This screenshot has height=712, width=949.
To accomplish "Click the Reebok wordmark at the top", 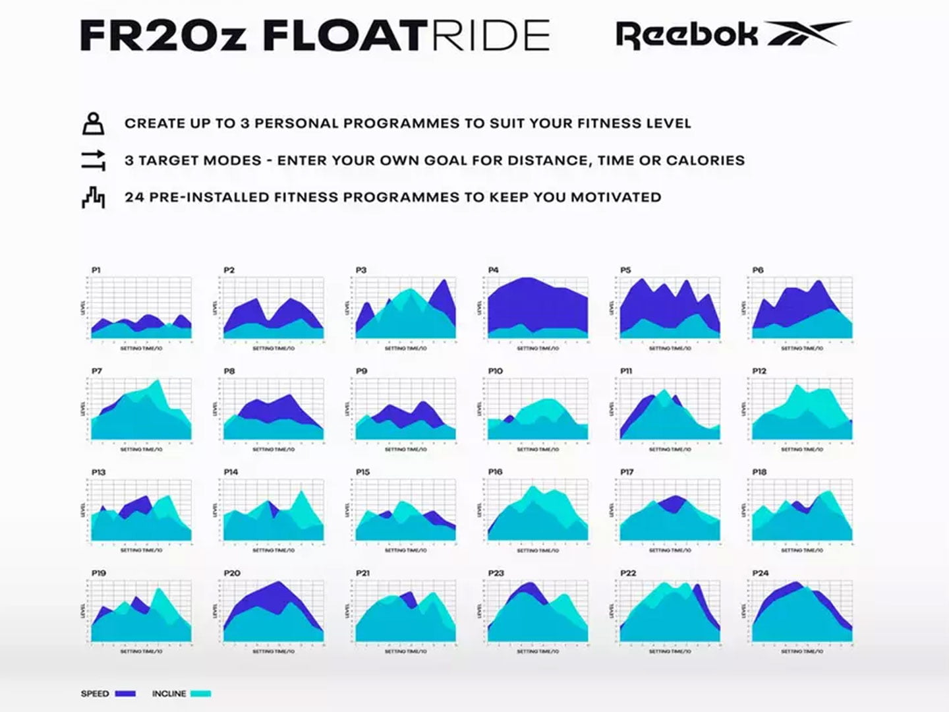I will pyautogui.click(x=686, y=36).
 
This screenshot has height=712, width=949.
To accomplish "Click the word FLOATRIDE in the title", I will pyautogui.click(x=406, y=36).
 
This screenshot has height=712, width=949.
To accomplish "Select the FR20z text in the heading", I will pyautogui.click(x=163, y=36).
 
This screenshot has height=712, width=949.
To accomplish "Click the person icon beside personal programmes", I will pyautogui.click(x=93, y=123).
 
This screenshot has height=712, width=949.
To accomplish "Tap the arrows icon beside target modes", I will pyautogui.click(x=93, y=160).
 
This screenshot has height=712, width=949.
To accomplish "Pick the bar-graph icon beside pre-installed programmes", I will pyautogui.click(x=93, y=197).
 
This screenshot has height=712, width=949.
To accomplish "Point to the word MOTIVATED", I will pyautogui.click(x=616, y=197).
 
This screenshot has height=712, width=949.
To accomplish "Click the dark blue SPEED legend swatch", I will pyautogui.click(x=125, y=694).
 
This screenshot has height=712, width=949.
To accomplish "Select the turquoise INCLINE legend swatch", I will pyautogui.click(x=201, y=694).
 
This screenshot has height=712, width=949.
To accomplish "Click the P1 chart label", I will pyautogui.click(x=96, y=270).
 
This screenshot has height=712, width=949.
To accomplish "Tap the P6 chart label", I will pyautogui.click(x=758, y=270).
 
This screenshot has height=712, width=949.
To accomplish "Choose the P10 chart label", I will pyautogui.click(x=495, y=371).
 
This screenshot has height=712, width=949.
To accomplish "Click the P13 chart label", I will pyautogui.click(x=98, y=472).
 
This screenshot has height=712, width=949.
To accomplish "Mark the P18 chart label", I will pyautogui.click(x=759, y=472).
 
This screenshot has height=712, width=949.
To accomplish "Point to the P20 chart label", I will pyautogui.click(x=231, y=573).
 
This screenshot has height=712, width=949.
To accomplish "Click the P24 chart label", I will pyautogui.click(x=760, y=573).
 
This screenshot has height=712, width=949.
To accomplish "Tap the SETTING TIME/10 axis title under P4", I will pyautogui.click(x=538, y=348).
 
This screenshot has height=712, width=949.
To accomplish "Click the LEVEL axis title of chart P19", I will pyautogui.click(x=84, y=611).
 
